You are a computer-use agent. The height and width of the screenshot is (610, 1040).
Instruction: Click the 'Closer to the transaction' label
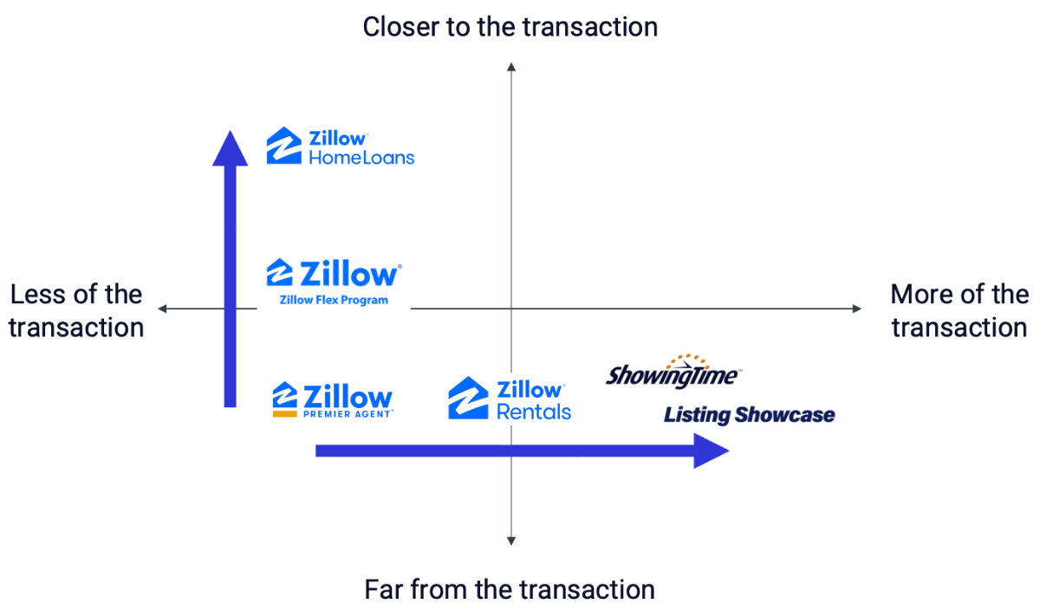510,27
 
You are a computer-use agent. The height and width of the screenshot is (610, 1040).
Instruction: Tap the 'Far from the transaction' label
510,590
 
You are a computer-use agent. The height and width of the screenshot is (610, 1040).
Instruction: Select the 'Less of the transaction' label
76,311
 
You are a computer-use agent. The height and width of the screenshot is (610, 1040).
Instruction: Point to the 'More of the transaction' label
959,311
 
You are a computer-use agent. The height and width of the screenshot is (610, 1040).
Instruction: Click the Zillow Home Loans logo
341,146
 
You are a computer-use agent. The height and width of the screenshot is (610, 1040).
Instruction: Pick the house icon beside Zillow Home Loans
283,146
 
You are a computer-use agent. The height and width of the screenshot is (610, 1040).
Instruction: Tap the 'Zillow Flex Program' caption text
333,301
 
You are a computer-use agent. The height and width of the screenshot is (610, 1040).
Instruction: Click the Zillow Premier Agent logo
333,399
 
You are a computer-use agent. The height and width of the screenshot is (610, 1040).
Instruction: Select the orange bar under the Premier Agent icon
285,414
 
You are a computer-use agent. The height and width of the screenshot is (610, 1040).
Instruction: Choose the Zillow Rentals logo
510,399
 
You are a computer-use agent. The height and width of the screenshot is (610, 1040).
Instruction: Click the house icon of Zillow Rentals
469,399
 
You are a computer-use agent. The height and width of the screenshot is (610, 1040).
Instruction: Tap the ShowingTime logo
673,374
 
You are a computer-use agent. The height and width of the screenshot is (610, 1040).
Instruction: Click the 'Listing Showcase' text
749,415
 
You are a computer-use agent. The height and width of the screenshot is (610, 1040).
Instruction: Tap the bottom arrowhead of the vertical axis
511,542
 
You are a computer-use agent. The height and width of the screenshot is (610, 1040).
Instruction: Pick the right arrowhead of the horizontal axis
857,308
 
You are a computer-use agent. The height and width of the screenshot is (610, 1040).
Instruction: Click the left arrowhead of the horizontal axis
162,308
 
